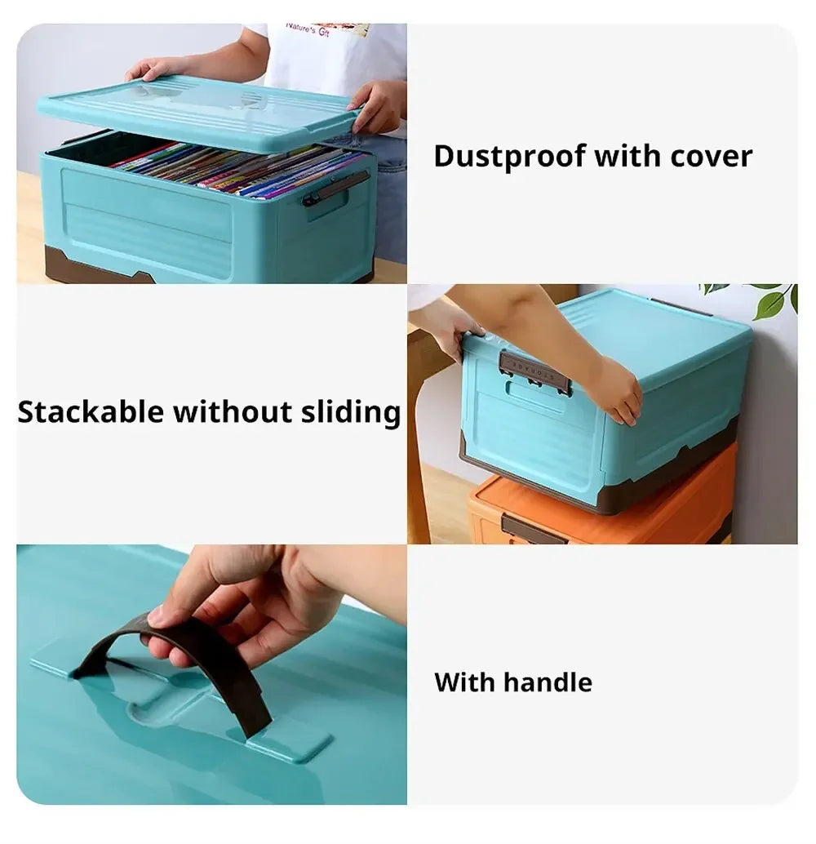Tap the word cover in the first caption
click(x=711, y=156)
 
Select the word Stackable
click(x=90, y=412)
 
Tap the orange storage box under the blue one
click(x=604, y=506)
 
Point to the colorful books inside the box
click(x=237, y=167)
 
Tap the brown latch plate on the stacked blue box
click(x=534, y=371)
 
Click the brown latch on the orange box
click(x=530, y=529)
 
